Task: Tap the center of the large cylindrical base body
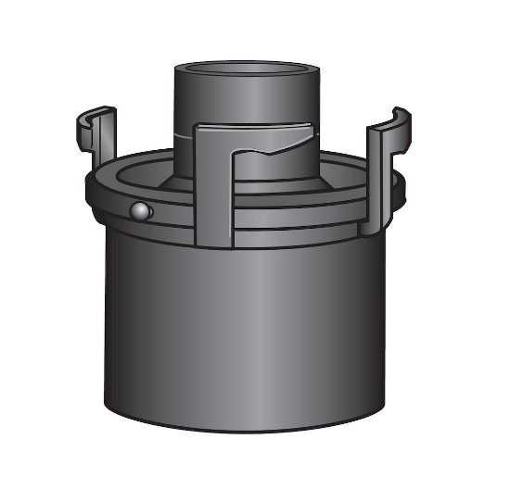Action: pyautogui.click(x=246, y=333)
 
